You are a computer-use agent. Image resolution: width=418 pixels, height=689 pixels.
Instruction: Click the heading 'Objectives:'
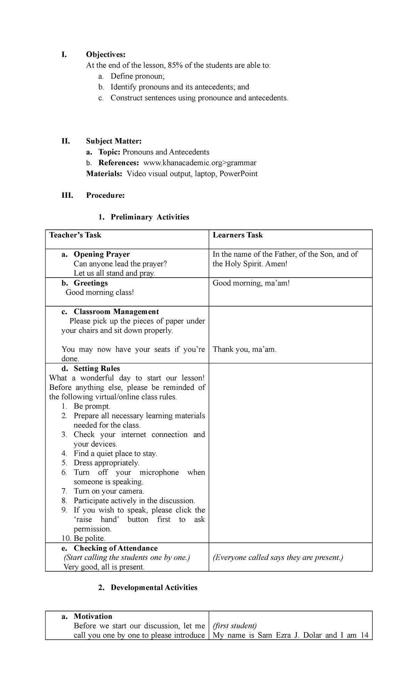tap(105, 55)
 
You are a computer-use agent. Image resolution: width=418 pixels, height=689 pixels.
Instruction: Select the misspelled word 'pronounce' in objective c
tap(215, 98)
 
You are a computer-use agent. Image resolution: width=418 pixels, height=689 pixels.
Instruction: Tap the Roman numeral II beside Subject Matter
tap(65, 141)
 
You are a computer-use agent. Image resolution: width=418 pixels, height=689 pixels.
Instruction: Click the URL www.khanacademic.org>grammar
tap(200, 163)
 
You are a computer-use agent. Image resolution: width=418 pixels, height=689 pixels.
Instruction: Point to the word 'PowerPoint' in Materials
tap(239, 174)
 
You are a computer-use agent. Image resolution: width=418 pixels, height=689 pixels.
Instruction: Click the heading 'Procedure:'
tap(105, 196)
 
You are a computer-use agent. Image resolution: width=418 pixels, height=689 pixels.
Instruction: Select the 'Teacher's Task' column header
tap(75, 235)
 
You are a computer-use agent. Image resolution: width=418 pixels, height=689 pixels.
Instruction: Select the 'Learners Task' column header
tap(238, 235)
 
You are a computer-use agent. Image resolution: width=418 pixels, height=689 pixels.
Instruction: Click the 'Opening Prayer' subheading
tap(101, 255)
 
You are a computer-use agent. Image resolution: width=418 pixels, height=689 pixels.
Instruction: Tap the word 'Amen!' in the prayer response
tap(276, 264)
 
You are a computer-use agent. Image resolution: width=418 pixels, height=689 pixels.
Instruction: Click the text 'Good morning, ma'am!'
tap(251, 283)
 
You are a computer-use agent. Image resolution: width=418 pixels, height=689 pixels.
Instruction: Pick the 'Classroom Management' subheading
tap(116, 312)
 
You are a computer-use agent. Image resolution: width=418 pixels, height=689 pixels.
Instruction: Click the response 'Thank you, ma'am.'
tap(245, 350)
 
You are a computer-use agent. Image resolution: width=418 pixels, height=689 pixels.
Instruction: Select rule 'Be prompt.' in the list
tap(92, 407)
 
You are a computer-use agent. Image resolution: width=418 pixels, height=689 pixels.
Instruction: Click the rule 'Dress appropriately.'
tap(106, 463)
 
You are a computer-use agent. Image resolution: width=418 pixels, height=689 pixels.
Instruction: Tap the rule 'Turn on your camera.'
tap(109, 491)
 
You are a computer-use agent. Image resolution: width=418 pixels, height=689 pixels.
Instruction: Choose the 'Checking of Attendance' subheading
tap(115, 548)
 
